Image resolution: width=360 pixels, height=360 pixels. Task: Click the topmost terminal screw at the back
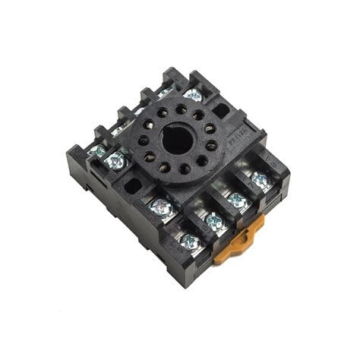[193, 96]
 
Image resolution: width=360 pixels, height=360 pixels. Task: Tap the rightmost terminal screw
[261, 181]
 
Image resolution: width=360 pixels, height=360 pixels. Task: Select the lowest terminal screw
[190, 243]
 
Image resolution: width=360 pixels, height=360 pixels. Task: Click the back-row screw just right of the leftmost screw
[115, 160]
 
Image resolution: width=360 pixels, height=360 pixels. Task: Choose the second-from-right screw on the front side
[237, 200]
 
